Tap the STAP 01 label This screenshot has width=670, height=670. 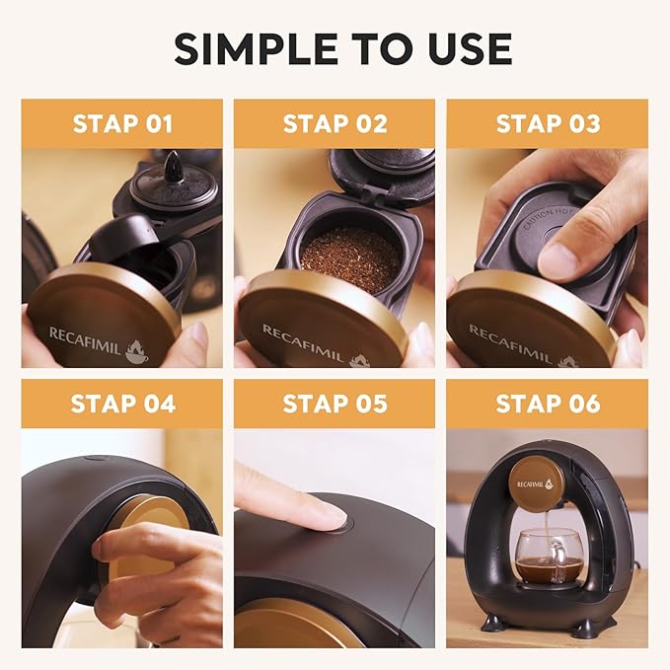pyautogui.click(x=122, y=124)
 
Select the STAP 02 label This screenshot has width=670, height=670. pyautogui.click(x=335, y=124)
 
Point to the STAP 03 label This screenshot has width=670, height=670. pyautogui.click(x=547, y=124)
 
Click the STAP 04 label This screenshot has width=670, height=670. pyautogui.click(x=122, y=405)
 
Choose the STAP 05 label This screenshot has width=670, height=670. pyautogui.click(x=335, y=405)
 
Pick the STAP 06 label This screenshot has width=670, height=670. pyautogui.click(x=547, y=405)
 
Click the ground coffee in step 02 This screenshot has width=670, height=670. pyautogui.click(x=349, y=259)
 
